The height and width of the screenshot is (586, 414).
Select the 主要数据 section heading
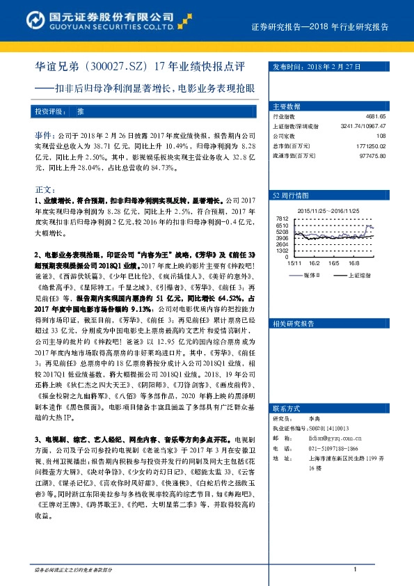coord(287,106)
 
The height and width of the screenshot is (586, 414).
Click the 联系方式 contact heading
coord(285,427)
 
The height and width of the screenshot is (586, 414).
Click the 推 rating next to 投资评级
coord(80,111)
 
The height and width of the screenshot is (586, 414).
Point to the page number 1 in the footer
coord(355,569)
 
